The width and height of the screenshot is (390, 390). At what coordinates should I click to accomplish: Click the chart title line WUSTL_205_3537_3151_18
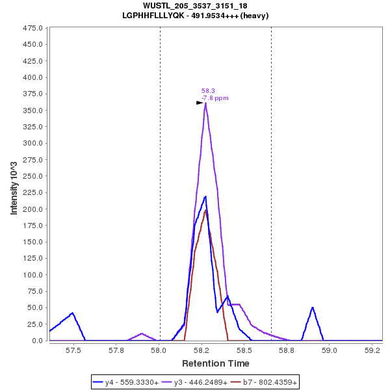195,6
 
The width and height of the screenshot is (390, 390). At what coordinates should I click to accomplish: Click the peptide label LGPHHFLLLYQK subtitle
195,15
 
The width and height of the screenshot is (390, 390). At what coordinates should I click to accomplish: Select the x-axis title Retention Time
215,363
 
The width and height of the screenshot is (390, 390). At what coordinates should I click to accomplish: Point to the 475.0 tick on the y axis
32,29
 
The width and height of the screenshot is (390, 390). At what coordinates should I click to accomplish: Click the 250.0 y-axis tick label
32,176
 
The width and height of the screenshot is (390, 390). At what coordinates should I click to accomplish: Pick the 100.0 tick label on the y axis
32,275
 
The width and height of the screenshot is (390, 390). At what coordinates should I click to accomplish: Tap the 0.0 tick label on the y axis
37,341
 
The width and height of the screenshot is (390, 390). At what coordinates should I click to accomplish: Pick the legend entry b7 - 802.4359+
265,383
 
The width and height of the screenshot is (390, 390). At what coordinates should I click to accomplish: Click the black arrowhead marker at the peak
200,103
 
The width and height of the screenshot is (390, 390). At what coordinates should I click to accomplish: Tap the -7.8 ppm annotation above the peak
215,98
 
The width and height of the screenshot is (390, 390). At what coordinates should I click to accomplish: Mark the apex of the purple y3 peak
205,103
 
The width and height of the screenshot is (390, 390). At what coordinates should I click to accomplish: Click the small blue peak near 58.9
313,307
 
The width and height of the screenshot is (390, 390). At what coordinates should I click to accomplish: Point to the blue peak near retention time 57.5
73,313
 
